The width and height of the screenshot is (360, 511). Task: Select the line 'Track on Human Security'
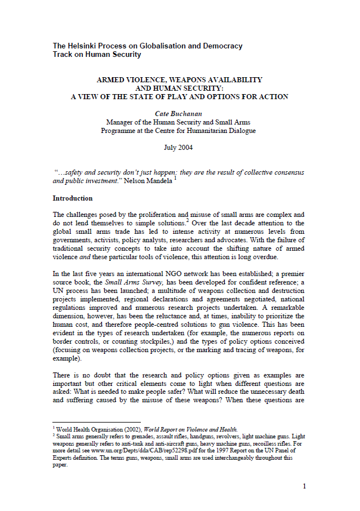click(97, 55)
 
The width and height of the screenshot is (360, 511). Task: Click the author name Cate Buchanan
click(178, 113)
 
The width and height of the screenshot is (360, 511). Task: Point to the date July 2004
click(178, 147)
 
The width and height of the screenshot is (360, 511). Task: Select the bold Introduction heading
click(73, 198)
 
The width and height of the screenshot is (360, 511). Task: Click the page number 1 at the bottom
click(304, 486)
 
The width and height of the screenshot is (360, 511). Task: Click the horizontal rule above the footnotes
click(96, 422)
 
